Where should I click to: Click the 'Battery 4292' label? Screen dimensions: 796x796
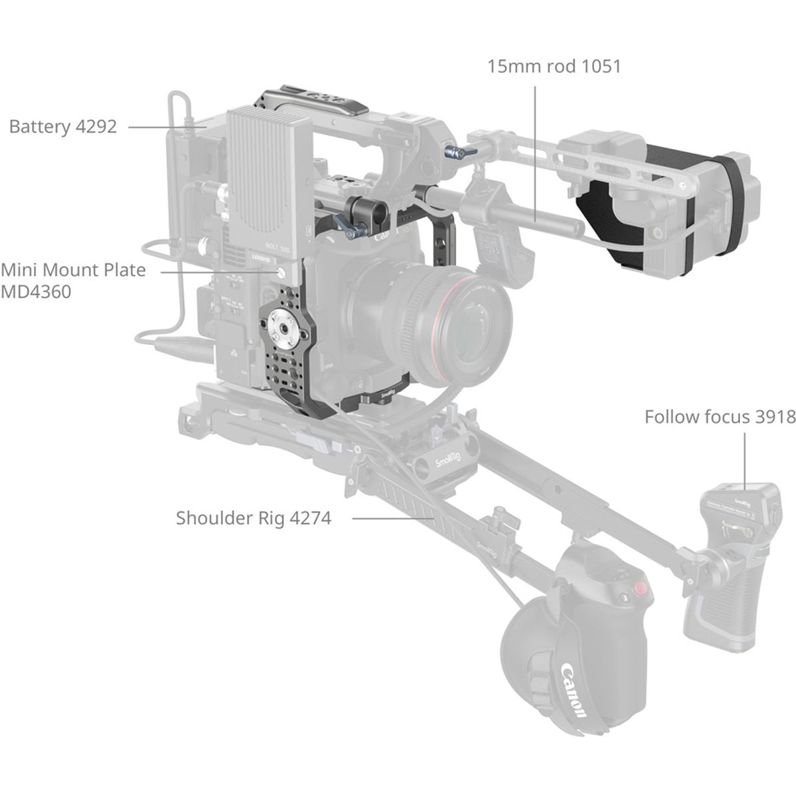click(63, 127)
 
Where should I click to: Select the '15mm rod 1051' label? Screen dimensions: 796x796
click(554, 66)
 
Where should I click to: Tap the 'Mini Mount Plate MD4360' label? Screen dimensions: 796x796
click(73, 281)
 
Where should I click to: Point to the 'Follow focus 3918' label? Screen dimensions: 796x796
click(720, 417)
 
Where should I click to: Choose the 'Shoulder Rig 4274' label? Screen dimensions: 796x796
click(253, 517)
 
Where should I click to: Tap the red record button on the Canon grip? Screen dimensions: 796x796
click(640, 589)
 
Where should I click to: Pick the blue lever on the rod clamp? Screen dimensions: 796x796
click(353, 229)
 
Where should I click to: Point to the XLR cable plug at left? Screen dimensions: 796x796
click(166, 345)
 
